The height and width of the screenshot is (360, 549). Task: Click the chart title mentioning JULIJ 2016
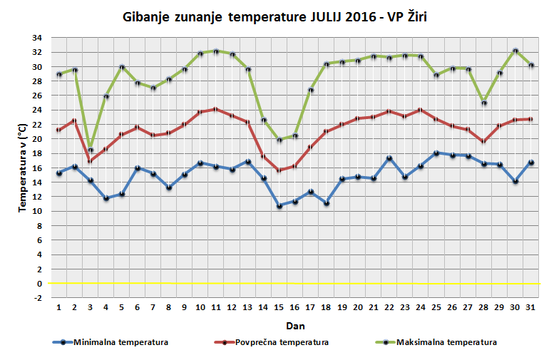pos(274,16)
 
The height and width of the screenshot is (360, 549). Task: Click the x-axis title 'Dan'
pos(293,325)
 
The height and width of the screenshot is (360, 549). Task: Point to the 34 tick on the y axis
pos(36,38)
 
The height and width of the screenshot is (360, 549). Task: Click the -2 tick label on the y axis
pos(36,298)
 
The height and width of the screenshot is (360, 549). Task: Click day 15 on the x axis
pos(279,308)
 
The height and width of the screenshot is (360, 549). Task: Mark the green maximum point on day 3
pos(91,150)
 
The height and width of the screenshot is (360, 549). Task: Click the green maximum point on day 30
pos(514,51)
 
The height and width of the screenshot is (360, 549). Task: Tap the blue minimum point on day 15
pos(279,205)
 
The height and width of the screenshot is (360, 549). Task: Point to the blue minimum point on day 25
pos(436,153)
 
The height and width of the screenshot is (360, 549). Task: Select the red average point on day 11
pos(216,109)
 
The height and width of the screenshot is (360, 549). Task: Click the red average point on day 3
pos(91,161)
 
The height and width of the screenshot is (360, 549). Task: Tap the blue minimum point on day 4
pos(106,198)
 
